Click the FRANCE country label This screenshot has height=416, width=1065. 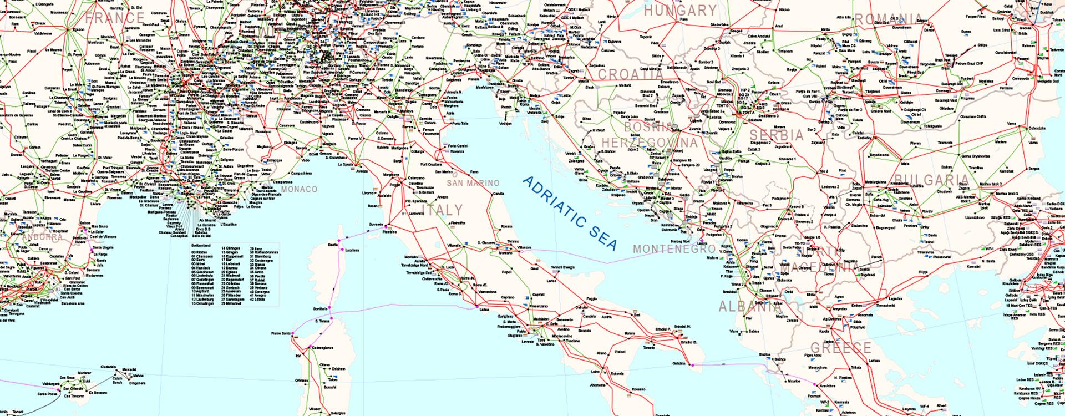click(x=115, y=18)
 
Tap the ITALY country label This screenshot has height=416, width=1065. click(x=443, y=210)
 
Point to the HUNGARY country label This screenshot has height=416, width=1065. click(x=681, y=11)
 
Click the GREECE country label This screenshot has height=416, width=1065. click(x=841, y=348)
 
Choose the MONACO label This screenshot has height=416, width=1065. click(x=300, y=189)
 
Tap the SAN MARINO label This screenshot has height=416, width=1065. click(x=474, y=183)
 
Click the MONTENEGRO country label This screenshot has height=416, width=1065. click(x=674, y=248)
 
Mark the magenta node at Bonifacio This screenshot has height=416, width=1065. click(x=328, y=307)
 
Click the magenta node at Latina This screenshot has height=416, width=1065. click(x=476, y=306)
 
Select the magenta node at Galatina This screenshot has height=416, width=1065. click(x=692, y=365)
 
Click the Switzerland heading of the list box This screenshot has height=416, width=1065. click(x=200, y=245)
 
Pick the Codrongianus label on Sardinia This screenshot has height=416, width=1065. click(x=322, y=348)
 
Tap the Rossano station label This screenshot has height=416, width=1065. click(x=639, y=389)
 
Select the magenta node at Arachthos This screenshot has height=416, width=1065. click(x=815, y=384)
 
